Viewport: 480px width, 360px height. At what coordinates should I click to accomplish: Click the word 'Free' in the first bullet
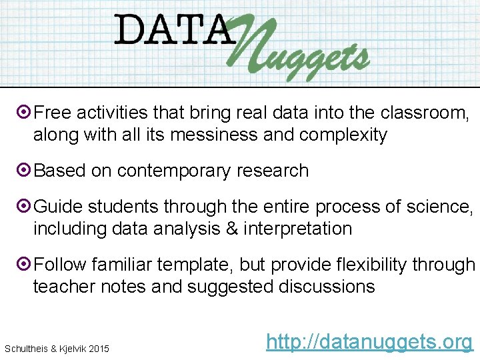53,113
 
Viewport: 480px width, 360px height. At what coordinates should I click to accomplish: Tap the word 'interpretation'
297,229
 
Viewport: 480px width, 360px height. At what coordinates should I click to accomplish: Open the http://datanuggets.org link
369,342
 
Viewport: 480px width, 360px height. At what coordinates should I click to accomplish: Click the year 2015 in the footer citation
97,349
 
